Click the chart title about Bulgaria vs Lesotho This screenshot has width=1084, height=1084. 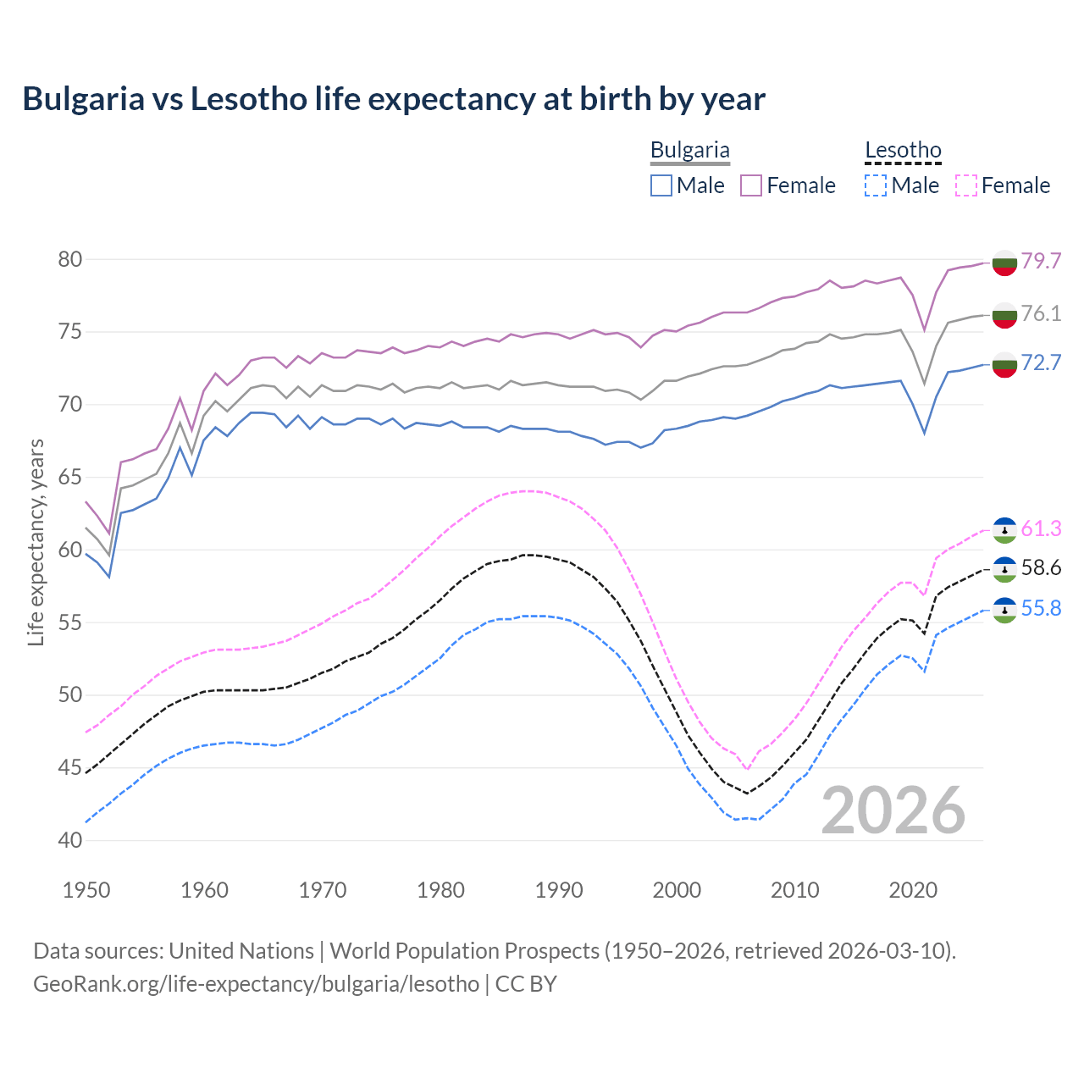click(x=394, y=99)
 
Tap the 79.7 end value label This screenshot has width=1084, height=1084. click(x=1041, y=261)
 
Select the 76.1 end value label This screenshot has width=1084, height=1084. click(x=1041, y=313)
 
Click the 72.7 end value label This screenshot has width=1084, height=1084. click(x=1041, y=362)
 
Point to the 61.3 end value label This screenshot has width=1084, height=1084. click(x=1041, y=528)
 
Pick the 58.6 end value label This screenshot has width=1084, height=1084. click(x=1041, y=567)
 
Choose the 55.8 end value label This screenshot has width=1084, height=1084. click(x=1041, y=608)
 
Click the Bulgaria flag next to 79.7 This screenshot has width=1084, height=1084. click(x=1004, y=263)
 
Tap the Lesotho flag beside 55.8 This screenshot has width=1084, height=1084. click(x=1004, y=610)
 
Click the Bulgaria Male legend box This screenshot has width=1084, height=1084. click(x=661, y=185)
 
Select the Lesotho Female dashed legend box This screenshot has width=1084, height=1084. click(x=965, y=185)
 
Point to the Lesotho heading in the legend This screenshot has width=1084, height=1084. click(x=903, y=151)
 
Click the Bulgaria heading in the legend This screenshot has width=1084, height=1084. click(x=689, y=151)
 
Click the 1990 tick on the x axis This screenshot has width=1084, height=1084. click(x=559, y=890)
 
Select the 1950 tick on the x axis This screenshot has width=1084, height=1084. click(x=86, y=890)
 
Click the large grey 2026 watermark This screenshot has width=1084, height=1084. click(x=893, y=810)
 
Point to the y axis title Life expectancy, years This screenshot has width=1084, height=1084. click(x=36, y=542)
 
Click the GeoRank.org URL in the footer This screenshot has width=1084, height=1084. click(x=256, y=984)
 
